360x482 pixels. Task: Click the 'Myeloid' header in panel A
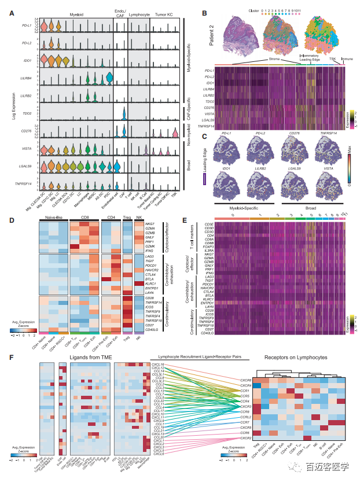[71, 11]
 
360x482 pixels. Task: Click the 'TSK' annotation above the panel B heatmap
[332, 58]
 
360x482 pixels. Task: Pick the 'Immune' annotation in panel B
[348, 58]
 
